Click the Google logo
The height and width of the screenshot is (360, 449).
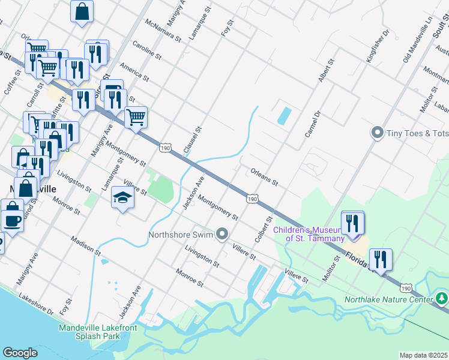pyautogui.click(x=20, y=353)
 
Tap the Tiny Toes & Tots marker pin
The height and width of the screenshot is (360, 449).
pyautogui.click(x=378, y=132)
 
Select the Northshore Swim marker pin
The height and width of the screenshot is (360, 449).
pyautogui.click(x=223, y=234)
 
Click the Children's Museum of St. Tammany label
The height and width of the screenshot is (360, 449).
pyautogui.click(x=309, y=234)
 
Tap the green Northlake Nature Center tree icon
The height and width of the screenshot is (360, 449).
pyautogui.click(x=442, y=298)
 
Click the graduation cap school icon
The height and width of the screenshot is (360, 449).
pyautogui.click(x=122, y=197)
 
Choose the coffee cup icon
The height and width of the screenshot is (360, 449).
pyautogui.click(x=12, y=220)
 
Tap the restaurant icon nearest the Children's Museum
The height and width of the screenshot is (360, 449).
pyautogui.click(x=352, y=223)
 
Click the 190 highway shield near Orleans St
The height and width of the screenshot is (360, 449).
pyautogui.click(x=252, y=199)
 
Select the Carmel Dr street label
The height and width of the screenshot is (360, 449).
pyautogui.click(x=313, y=124)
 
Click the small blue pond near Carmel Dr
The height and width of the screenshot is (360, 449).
pyautogui.click(x=283, y=115)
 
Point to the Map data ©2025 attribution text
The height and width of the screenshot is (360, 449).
pyautogui.click(x=424, y=355)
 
